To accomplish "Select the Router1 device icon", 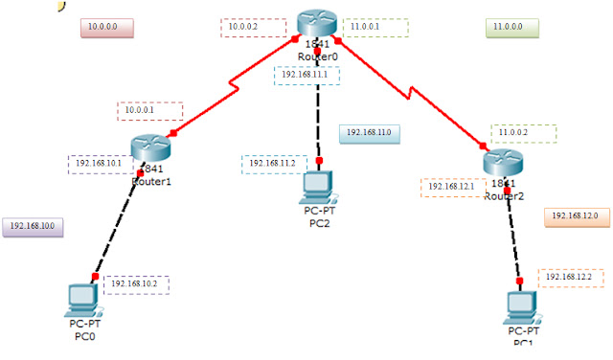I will (149, 147).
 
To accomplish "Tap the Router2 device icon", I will (503, 162).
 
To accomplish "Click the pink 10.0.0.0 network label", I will (105, 27).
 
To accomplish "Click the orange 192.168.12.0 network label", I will (576, 216).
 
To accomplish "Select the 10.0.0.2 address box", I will (253, 28).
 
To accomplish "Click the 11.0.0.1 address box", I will (375, 28).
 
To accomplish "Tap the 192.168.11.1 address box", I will (307, 75).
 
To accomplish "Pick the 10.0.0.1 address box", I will (148, 110).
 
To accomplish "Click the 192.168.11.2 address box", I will (274, 164).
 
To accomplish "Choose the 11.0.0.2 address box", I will (523, 133).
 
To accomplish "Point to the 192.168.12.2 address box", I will (571, 278).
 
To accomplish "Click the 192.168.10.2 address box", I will (135, 284).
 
